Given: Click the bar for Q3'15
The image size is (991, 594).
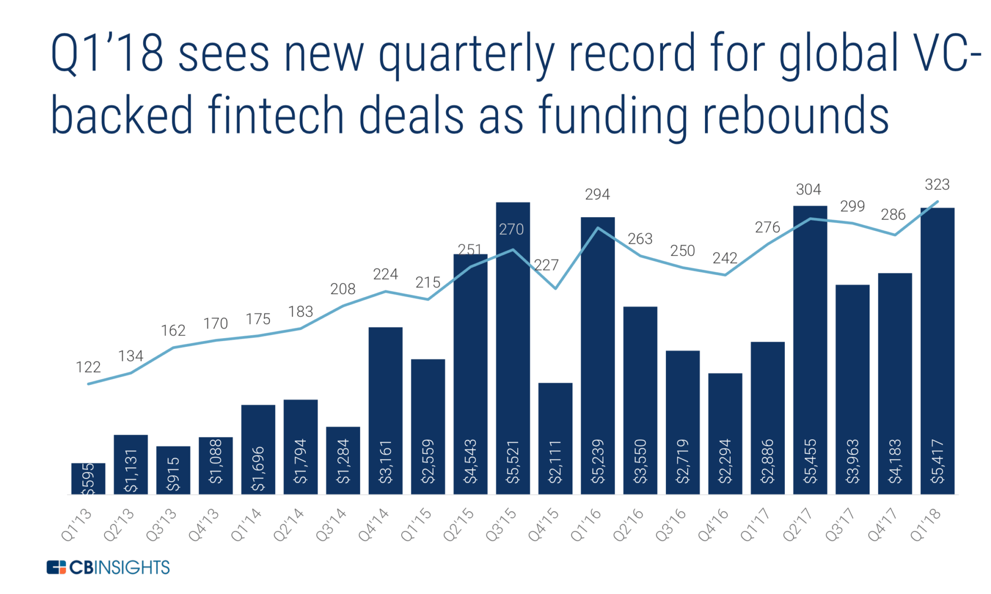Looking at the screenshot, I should tap(512, 348).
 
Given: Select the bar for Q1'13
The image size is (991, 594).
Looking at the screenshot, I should tap(88, 478).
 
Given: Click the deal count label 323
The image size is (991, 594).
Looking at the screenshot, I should tap(937, 185).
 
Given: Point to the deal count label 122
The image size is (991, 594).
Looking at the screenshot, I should tap(88, 367).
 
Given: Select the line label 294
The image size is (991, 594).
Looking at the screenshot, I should tap(597, 194).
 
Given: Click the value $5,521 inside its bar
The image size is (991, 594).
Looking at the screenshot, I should tap(512, 462).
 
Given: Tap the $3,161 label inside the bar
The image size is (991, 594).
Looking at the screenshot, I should tap(385, 462).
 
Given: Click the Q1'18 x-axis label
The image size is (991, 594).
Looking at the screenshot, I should tap(926, 524).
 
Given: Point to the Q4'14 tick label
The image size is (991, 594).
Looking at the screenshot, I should tap(374, 524).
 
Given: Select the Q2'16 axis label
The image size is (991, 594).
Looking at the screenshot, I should tap(628, 524).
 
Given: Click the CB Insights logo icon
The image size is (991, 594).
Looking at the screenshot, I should tap(56, 567).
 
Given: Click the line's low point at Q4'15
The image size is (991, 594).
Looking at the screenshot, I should tap(556, 289).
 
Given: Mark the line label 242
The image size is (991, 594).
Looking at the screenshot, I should tap(724, 258).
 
